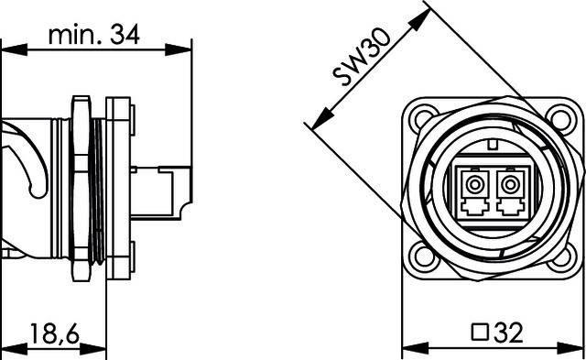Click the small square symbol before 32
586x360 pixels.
tap(476, 331)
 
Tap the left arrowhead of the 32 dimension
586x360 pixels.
tap(407, 347)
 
